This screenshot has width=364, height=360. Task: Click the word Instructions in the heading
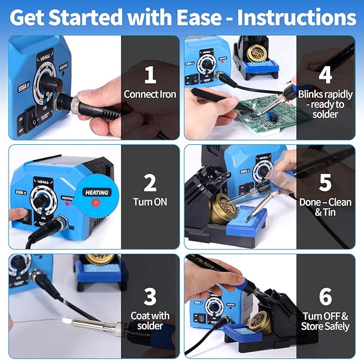tap(296, 17)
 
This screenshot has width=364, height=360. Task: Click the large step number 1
tap(150, 75)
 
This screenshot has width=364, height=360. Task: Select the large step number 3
tap(150, 296)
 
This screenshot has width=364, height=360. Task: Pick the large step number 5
tap(325, 183)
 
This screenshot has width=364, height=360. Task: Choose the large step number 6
tap(325, 296)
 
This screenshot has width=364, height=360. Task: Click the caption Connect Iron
tap(150, 94)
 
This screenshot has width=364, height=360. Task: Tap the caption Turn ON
tap(150, 202)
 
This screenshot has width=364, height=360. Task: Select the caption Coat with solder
tap(150, 321)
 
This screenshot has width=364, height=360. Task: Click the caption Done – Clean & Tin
tap(325, 207)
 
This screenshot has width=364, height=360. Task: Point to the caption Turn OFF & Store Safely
tap(325, 321)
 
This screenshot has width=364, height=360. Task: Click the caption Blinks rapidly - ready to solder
tap(325, 104)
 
